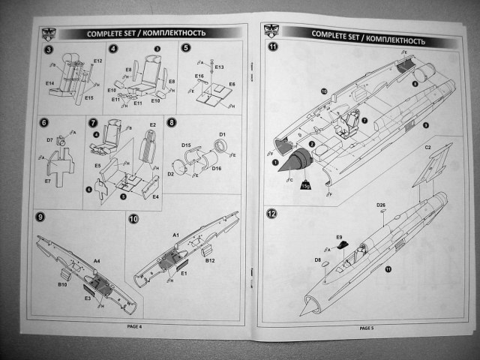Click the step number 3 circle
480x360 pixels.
(48, 49)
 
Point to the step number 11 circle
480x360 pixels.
(273, 47)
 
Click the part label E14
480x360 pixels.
(49, 83)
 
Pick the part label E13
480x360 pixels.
(219, 67)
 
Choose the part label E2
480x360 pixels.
(152, 124)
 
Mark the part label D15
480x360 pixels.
(186, 143)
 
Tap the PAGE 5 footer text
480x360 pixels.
(367, 328)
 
